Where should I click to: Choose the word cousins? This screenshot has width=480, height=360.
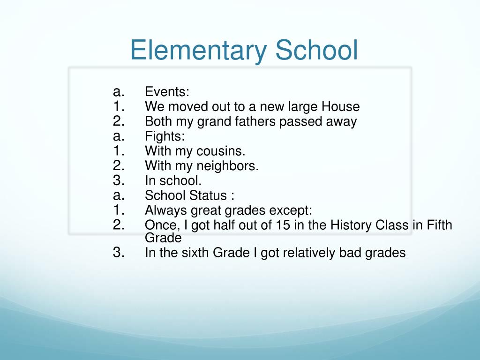tap(222, 151)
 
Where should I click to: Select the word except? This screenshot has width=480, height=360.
tap(291, 210)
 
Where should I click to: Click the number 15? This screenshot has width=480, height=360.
tap(283, 225)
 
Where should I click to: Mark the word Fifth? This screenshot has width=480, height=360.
tap(439, 225)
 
